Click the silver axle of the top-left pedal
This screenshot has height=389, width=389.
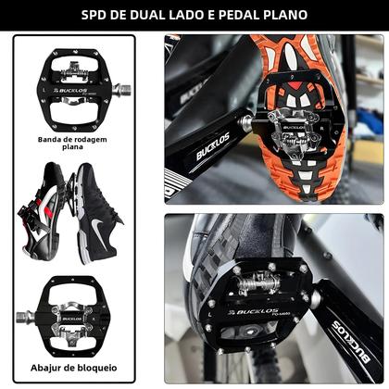tap(119, 91)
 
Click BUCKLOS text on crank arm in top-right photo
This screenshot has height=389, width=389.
tap(212, 145)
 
